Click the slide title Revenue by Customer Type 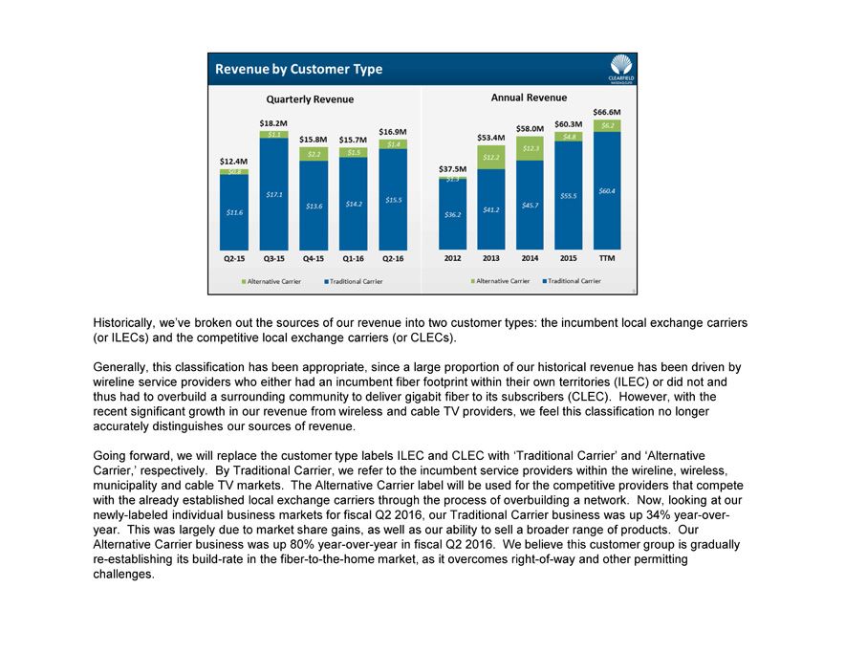pyautogui.click(x=298, y=69)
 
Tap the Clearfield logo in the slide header pyautogui.click(x=620, y=68)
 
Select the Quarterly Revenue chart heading pyautogui.click(x=310, y=99)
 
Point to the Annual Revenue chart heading pyautogui.click(x=529, y=98)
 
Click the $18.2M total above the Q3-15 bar pyautogui.click(x=273, y=122)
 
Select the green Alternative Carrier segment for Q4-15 pyautogui.click(x=313, y=154)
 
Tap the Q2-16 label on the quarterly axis pyautogui.click(x=393, y=258)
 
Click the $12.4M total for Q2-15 pyautogui.click(x=233, y=162)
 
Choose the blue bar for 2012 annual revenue pyautogui.click(x=452, y=215)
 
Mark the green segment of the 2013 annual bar pyautogui.click(x=490, y=157)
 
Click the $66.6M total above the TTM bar pyautogui.click(x=607, y=112)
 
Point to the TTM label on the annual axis pyautogui.click(x=606, y=258)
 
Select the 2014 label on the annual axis pyautogui.click(x=530, y=258)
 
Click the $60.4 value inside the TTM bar pyautogui.click(x=606, y=191)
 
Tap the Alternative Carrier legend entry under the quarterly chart pyautogui.click(x=272, y=281)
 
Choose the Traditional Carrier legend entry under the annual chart pyautogui.click(x=572, y=281)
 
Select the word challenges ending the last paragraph pyautogui.click(x=123, y=574)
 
